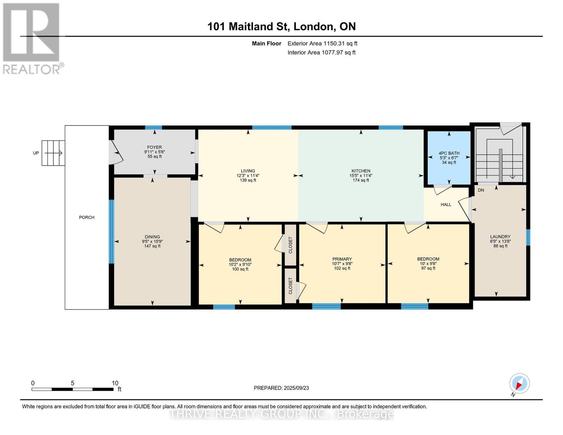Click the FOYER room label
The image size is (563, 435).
pos(154,147)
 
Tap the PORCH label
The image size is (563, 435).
pos(87,217)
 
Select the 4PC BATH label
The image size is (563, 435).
pos(449,153)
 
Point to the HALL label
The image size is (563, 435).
pos(446,205)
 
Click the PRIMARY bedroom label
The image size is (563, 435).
pos(342,259)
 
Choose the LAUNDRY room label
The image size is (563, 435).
pos(500,237)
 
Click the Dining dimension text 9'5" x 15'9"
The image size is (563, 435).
pos(152,241)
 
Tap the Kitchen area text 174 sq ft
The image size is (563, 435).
pos(361,180)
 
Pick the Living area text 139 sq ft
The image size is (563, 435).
pos(248,180)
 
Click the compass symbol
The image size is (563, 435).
pos(519,384)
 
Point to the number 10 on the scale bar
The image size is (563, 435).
pos(115,383)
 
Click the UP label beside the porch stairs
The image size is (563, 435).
pos(36,153)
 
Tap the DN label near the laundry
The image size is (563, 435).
pos(481,190)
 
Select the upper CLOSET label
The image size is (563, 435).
pos(290,245)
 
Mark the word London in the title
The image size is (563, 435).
pos(313,26)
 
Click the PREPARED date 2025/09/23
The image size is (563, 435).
pos(296,388)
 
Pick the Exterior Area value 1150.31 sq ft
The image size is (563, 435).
pos(340,43)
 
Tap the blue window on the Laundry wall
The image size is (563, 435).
pos(528,237)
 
